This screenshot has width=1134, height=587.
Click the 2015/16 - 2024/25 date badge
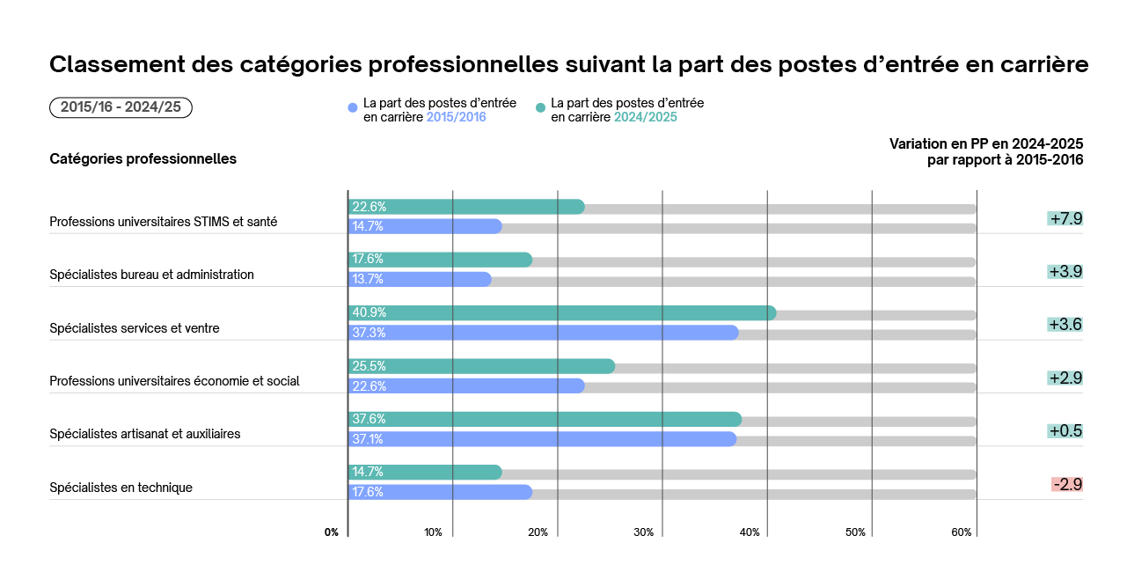click(x=121, y=107)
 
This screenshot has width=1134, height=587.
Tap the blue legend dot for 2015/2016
click(x=353, y=108)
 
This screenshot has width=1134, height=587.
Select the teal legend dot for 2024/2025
click(x=541, y=108)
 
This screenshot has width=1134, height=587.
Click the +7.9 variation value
click(x=1064, y=218)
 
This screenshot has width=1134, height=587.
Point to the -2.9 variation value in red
click(x=1066, y=484)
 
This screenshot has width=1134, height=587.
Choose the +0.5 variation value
click(x=1064, y=431)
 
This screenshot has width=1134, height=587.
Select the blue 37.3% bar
click(x=543, y=333)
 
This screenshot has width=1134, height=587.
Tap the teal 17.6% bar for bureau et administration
click(x=440, y=260)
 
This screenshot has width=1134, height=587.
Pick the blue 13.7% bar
click(x=420, y=280)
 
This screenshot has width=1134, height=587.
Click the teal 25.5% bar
click(x=481, y=366)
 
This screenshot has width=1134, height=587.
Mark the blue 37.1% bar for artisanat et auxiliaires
click(x=542, y=439)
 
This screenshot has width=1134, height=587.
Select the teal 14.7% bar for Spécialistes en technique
click(x=425, y=473)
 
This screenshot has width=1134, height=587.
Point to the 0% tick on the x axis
click(x=332, y=532)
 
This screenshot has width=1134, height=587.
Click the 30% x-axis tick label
click(x=644, y=532)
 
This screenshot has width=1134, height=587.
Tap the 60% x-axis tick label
click(x=962, y=532)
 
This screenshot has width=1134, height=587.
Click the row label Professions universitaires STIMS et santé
click(x=164, y=222)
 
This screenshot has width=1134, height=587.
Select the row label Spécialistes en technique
click(x=121, y=488)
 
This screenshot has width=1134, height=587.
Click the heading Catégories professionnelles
click(x=143, y=159)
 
